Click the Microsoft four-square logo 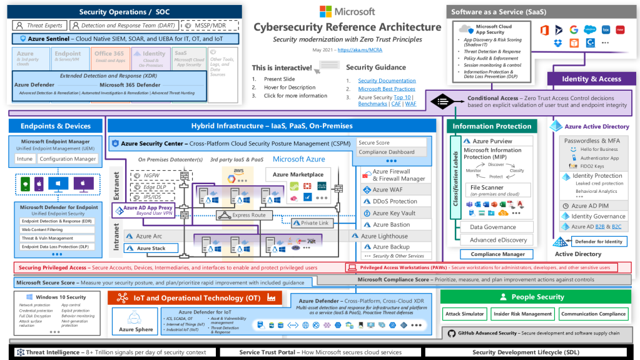point(327,11)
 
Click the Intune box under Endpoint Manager point(25,159)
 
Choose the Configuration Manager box point(68,159)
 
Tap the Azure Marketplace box point(298,175)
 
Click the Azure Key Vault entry point(394,213)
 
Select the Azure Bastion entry point(391,224)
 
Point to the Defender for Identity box point(598,242)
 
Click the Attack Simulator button point(465,314)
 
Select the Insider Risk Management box point(523,314)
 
